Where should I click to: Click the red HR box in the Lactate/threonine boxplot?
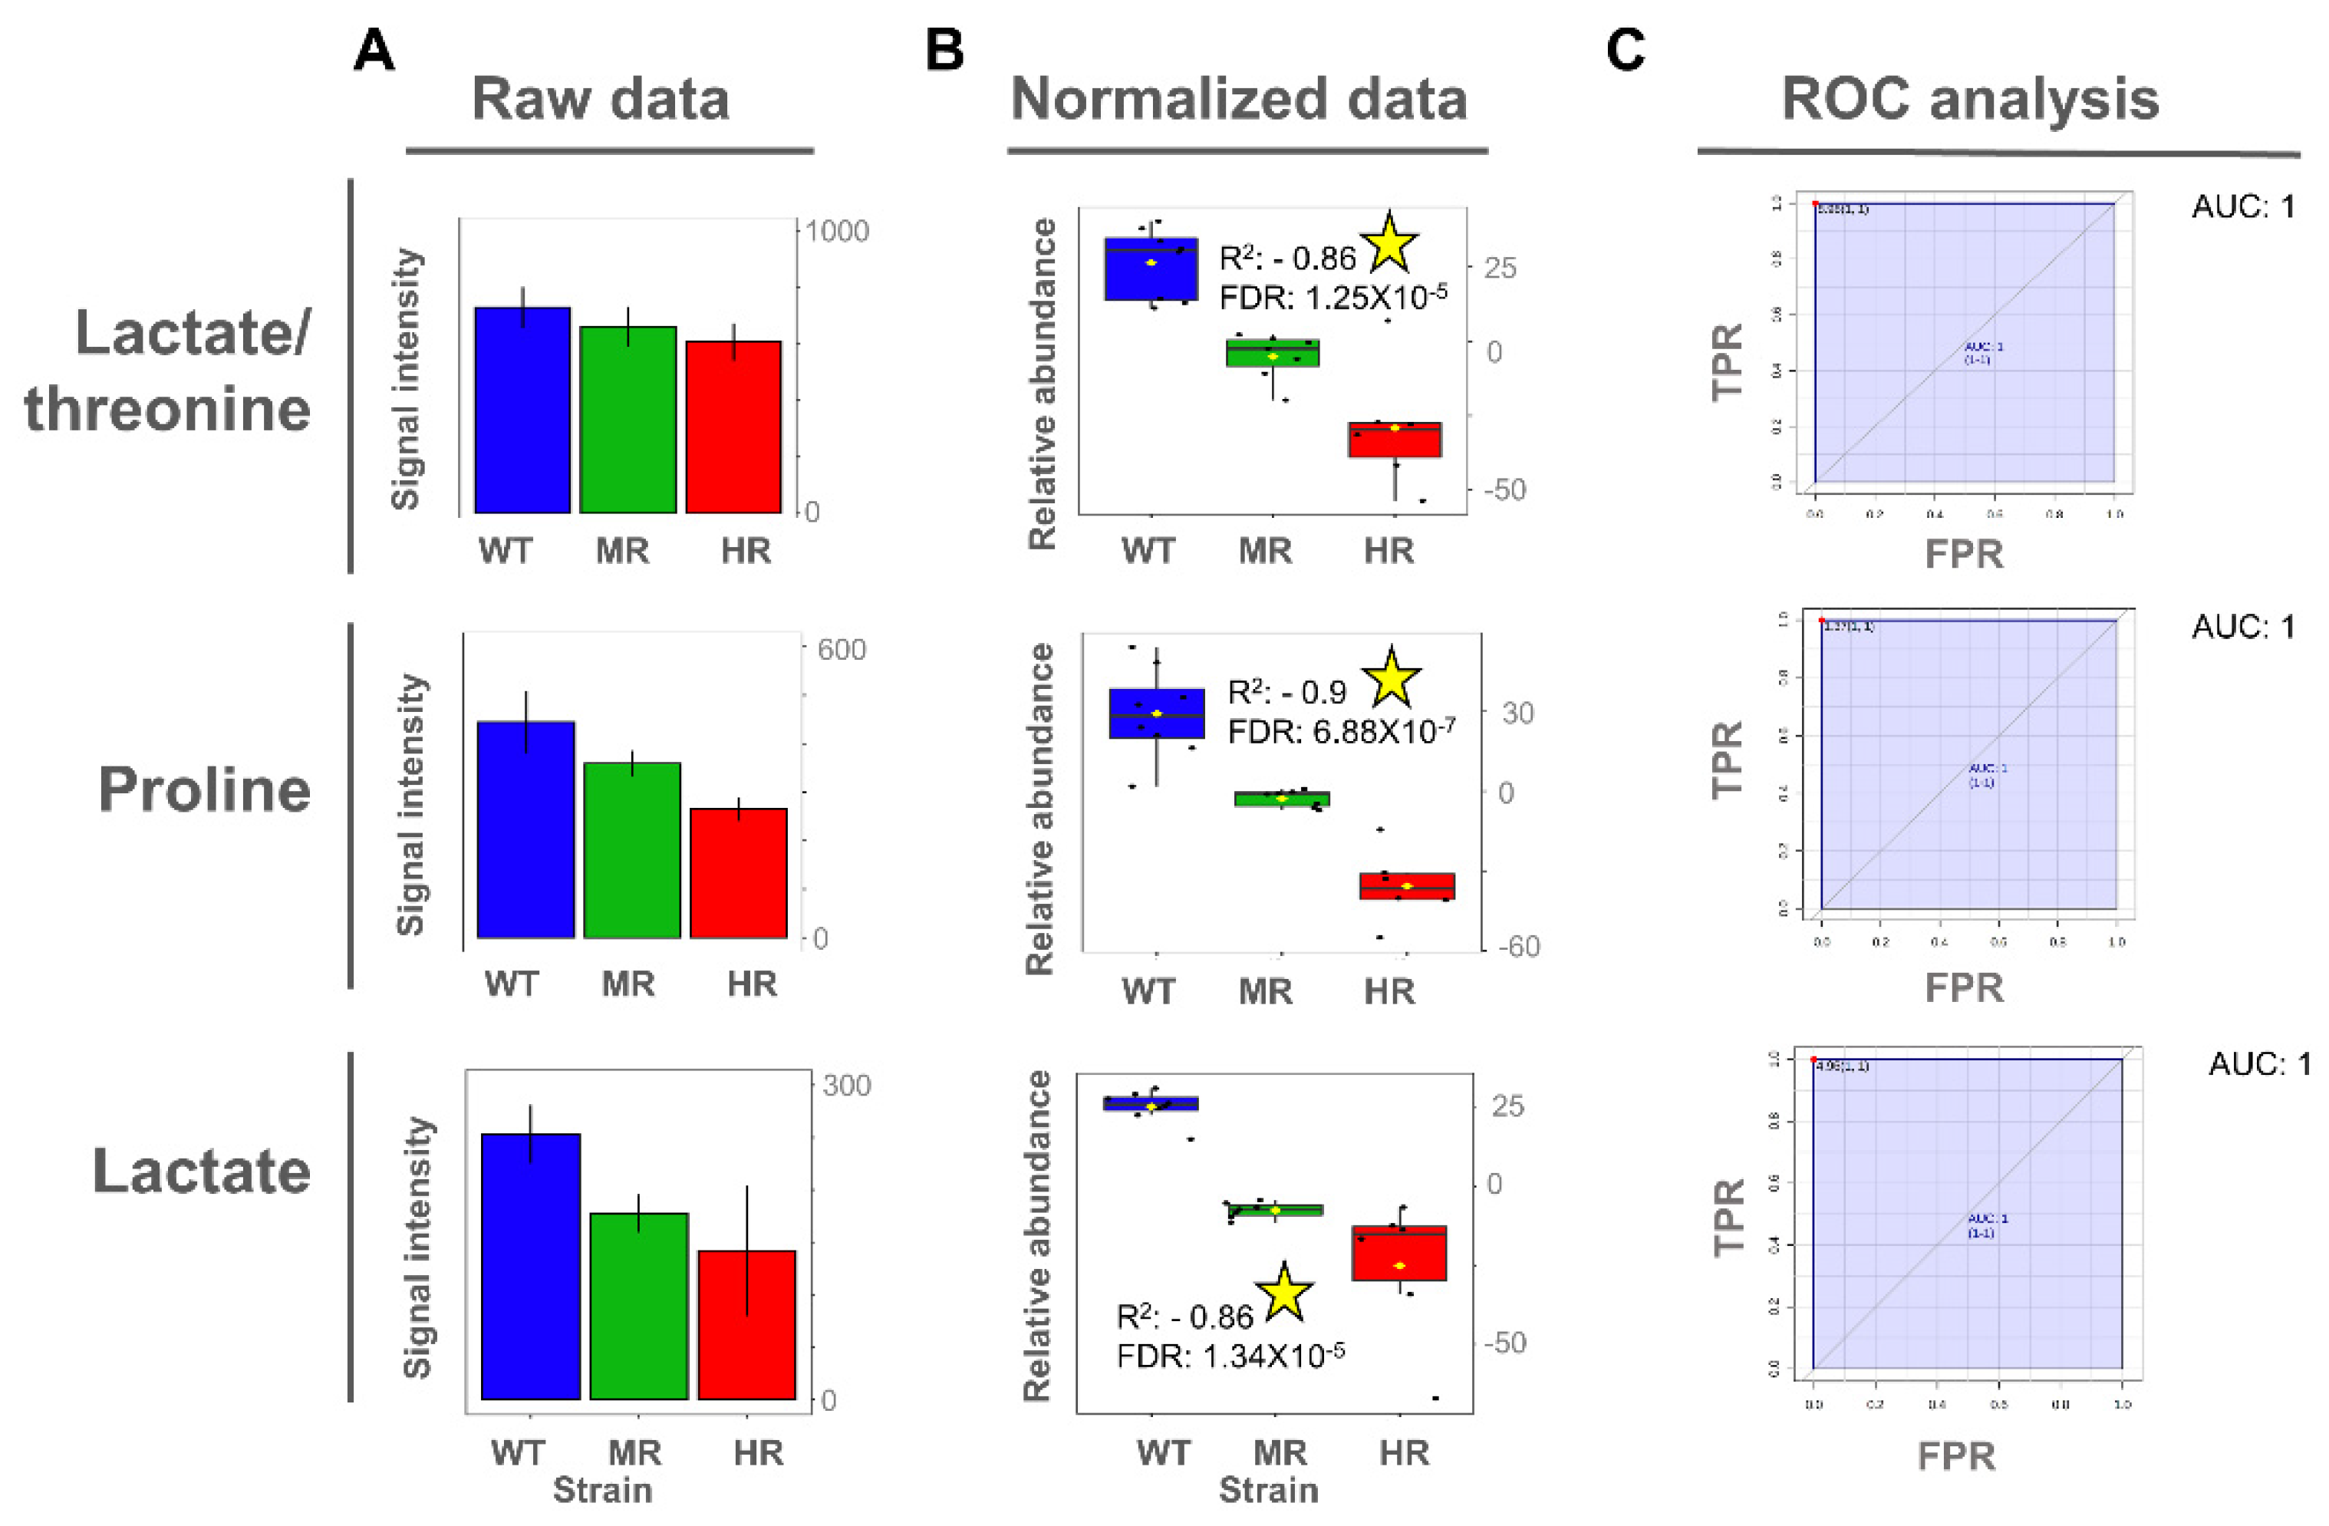tap(1395, 440)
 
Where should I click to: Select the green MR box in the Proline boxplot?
tap(1281, 799)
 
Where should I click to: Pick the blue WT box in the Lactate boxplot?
tap(1151, 1103)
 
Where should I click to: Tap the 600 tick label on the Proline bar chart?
tap(835, 650)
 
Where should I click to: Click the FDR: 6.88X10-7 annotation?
tap(1341, 731)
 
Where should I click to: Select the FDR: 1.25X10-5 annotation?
tap(1333, 295)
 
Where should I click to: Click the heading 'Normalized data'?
tap(1239, 99)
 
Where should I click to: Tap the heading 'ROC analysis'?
tap(1969, 99)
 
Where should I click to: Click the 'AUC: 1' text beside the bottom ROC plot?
tap(2258, 1064)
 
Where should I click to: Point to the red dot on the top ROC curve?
tap(1815, 203)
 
